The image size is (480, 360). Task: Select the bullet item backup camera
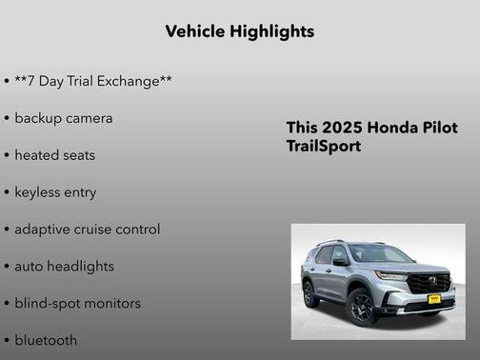tap(64, 118)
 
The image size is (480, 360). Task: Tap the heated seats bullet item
tap(55, 155)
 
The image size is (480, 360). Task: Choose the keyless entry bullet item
tap(55, 192)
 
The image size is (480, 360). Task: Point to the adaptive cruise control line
tap(88, 230)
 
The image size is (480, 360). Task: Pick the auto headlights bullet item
tap(65, 267)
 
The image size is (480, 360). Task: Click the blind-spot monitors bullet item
tap(78, 304)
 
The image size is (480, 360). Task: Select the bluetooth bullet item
tap(46, 340)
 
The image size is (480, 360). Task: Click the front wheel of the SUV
tap(361, 308)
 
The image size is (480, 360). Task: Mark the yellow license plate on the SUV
tap(433, 299)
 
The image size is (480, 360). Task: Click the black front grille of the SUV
tap(429, 284)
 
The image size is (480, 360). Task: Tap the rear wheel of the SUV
tap(311, 294)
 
